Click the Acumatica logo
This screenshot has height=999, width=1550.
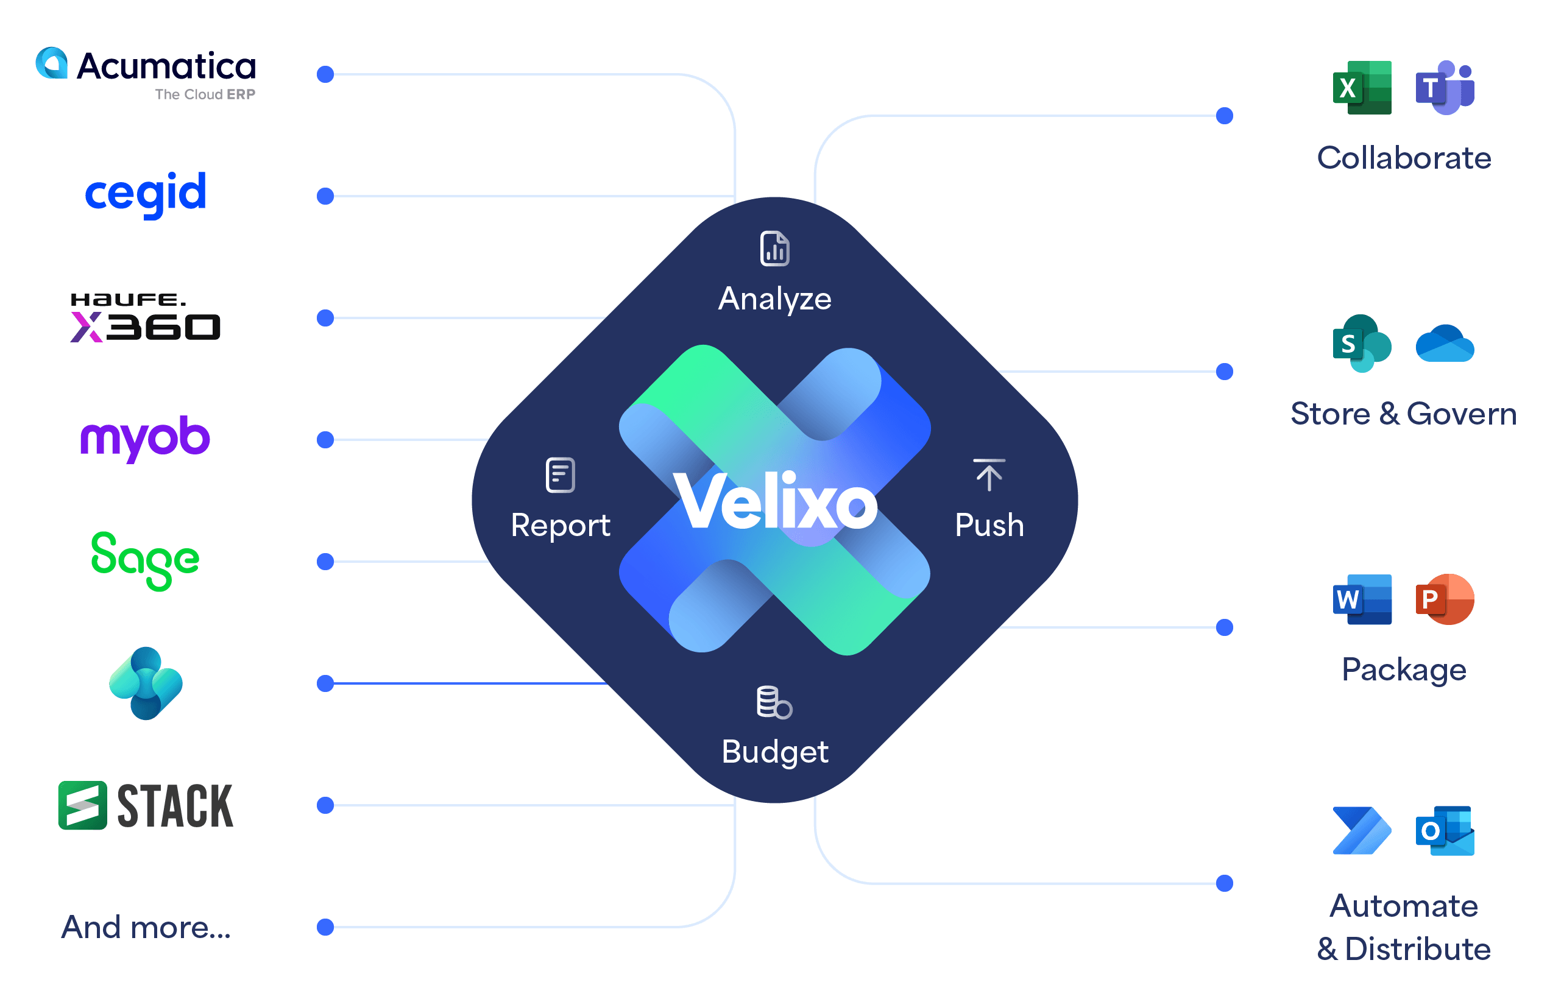pyautogui.click(x=146, y=72)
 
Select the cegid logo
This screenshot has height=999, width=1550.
pyautogui.click(x=146, y=193)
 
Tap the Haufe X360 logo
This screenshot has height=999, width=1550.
pyautogui.click(x=146, y=318)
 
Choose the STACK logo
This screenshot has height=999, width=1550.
pyautogui.click(x=146, y=806)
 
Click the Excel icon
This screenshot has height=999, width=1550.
pyautogui.click(x=1362, y=88)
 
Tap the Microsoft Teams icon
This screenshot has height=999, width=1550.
pyautogui.click(x=1445, y=88)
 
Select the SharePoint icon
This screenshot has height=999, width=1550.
pyautogui.click(x=1362, y=343)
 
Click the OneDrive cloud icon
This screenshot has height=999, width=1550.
pyautogui.click(x=1445, y=344)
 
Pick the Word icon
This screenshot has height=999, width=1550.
pyautogui.click(x=1362, y=599)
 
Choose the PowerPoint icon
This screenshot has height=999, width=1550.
pyautogui.click(x=1445, y=599)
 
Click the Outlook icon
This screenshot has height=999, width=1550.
pyautogui.click(x=1445, y=831)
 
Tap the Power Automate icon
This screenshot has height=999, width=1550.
pyautogui.click(x=1362, y=831)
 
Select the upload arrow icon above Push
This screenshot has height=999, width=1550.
pyautogui.click(x=989, y=475)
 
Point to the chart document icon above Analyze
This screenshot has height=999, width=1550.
pyautogui.click(x=774, y=249)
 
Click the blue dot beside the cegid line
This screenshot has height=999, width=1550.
pyautogui.click(x=325, y=196)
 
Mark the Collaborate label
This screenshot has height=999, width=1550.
pyautogui.click(x=1404, y=158)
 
